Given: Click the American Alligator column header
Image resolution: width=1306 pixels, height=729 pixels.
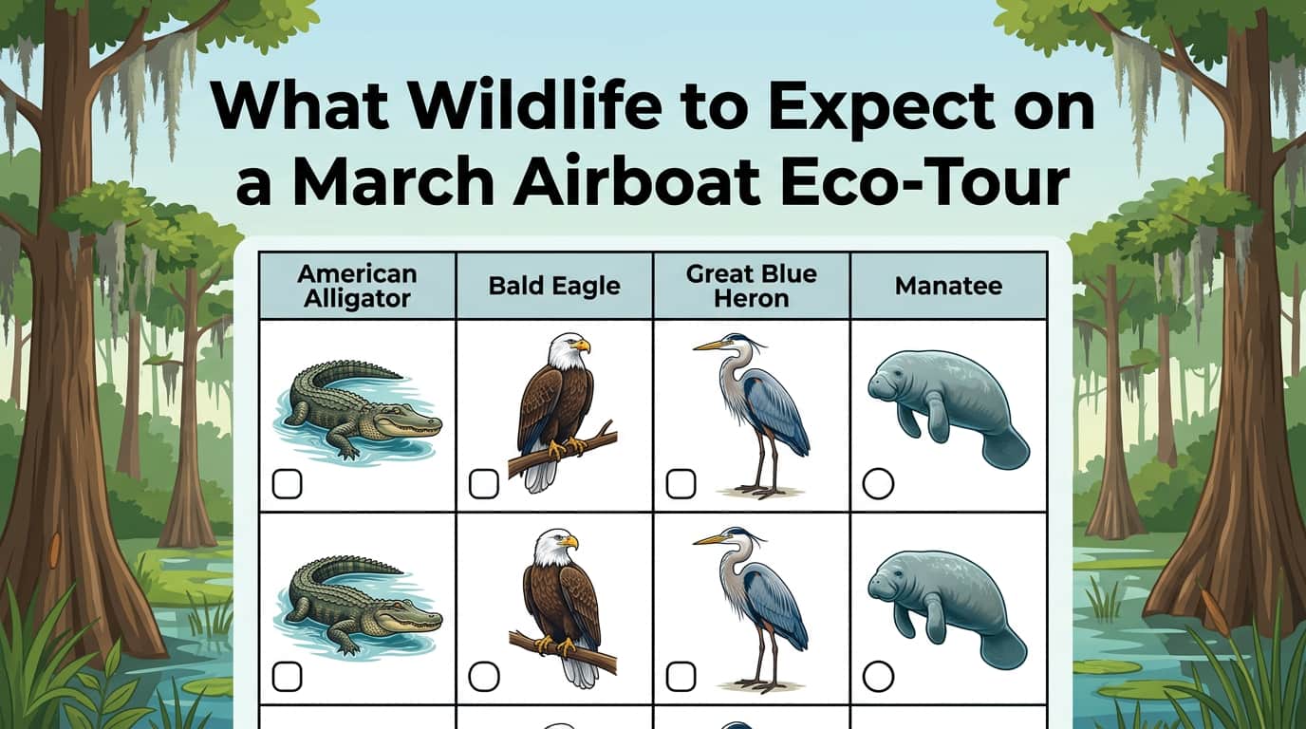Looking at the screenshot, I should pos(357,286).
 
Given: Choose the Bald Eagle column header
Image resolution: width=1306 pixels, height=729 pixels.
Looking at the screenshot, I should pos(554,286).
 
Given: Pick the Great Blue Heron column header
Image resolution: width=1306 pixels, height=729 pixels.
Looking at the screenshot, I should pos(752,286).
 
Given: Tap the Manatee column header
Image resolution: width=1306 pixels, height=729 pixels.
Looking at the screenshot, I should pos(948,286).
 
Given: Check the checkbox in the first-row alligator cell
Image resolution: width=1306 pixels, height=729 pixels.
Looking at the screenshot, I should pos(287,484).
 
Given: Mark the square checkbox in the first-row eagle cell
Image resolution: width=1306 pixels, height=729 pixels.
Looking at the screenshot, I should pos(484,484).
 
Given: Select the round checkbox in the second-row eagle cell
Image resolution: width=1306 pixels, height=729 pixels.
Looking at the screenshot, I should pos(484,677).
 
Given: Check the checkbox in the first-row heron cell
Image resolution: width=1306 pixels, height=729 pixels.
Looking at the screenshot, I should pos(681,484).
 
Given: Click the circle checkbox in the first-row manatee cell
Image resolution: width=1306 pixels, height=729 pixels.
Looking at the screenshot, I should pos(878,484).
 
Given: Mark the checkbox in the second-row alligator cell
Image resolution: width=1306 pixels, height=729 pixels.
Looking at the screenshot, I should pos(287,677).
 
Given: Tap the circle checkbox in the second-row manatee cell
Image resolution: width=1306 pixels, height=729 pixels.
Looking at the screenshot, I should pos(878,677).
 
